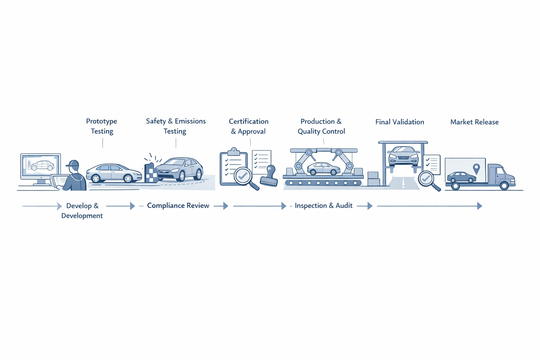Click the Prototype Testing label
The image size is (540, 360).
(102, 126)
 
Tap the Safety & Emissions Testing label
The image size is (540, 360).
(176, 126)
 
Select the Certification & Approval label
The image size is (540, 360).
(249, 126)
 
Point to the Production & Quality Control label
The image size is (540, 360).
(321, 126)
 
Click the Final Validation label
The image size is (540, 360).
(400, 122)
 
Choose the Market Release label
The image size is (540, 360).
(474, 122)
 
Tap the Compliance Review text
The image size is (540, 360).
(178, 206)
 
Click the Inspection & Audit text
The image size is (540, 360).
(323, 206)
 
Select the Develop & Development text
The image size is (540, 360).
(82, 211)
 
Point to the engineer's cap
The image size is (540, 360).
(73, 164)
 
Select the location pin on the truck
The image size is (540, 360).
(476, 168)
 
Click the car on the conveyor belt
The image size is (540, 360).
(323, 169)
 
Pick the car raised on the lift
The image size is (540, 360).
(403, 156)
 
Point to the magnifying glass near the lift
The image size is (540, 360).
(426, 179)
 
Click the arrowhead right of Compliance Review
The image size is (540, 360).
(226, 206)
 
